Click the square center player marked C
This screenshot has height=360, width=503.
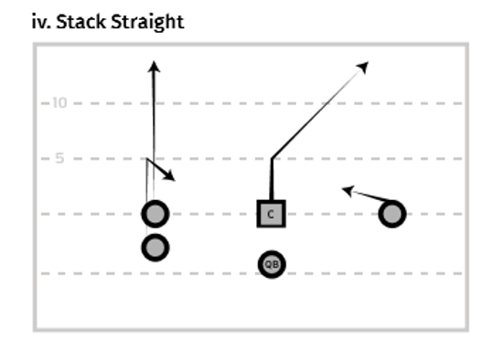click(272, 214)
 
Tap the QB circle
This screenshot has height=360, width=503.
click(272, 264)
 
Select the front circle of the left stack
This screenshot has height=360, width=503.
click(155, 214)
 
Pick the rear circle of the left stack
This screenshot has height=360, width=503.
click(155, 247)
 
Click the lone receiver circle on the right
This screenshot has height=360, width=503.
click(392, 214)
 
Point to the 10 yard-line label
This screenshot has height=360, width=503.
click(59, 102)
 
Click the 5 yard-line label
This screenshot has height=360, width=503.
click(58, 158)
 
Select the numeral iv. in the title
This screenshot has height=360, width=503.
click(41, 21)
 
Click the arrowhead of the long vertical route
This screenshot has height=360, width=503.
click(154, 66)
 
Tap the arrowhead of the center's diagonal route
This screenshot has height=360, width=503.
click(362, 66)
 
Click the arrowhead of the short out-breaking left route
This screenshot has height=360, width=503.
click(169, 175)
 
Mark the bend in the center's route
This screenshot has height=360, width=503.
click(272, 159)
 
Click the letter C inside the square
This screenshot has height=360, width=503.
click(272, 215)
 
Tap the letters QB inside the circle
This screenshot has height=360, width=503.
click(272, 264)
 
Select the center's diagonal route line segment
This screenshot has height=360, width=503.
click(316, 113)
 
